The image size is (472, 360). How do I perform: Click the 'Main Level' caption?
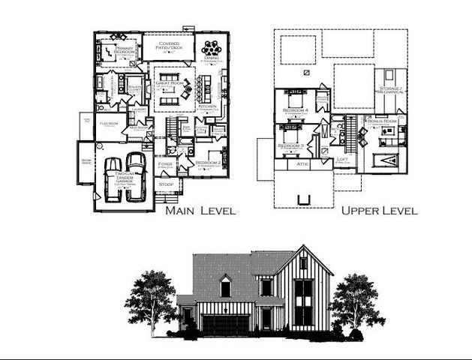[200, 211]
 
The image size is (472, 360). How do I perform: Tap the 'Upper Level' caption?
[379, 211]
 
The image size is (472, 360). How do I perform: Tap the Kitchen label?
[206, 106]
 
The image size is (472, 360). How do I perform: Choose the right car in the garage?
[135, 174]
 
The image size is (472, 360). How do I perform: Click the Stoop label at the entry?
[167, 183]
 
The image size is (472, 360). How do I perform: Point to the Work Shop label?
[85, 160]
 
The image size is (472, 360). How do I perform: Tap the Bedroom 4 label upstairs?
[293, 110]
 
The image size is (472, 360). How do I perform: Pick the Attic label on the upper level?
[303, 163]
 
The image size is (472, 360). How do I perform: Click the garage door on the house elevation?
[224, 323]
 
